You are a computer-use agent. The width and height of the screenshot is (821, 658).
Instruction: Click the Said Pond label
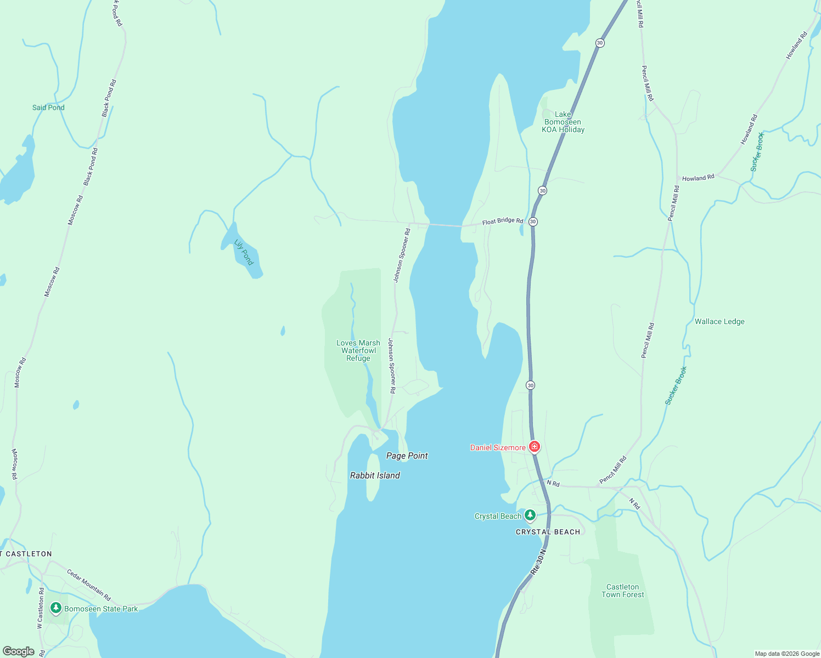48,107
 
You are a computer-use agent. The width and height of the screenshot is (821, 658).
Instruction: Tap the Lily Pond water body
241,251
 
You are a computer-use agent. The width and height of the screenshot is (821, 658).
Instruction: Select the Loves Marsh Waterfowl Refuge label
358,350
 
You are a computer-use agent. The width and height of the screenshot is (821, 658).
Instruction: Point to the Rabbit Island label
375,475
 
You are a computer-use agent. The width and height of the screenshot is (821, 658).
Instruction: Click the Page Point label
407,456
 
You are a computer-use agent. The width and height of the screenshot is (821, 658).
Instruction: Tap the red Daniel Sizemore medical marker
535,447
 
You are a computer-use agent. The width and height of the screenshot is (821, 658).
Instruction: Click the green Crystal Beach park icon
530,515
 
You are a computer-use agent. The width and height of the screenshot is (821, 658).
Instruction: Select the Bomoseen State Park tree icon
55,608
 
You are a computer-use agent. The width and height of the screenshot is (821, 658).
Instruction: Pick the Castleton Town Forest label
622,591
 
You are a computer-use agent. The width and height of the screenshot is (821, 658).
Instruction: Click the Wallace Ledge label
719,321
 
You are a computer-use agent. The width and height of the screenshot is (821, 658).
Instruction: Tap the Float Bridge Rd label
503,222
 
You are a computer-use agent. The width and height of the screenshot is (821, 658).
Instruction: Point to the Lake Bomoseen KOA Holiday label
563,122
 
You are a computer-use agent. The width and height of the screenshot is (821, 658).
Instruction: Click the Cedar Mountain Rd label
89,585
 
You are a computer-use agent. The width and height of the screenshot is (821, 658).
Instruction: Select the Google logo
18,651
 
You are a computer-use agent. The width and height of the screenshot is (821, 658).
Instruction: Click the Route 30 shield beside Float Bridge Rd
533,222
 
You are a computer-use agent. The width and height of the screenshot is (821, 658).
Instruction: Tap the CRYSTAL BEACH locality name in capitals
548,532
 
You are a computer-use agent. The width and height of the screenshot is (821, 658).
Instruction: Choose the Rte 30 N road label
538,562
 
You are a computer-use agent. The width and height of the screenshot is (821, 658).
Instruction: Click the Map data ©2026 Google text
787,654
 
